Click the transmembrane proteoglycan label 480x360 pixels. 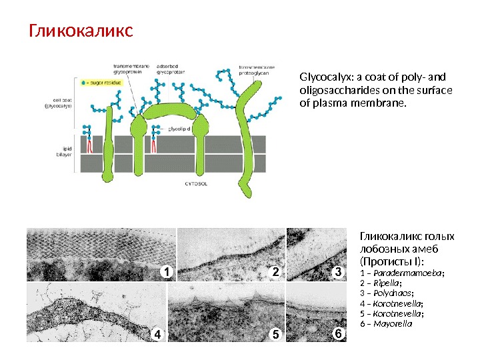259,70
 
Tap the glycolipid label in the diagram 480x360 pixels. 178,127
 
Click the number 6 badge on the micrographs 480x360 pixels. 337,332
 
